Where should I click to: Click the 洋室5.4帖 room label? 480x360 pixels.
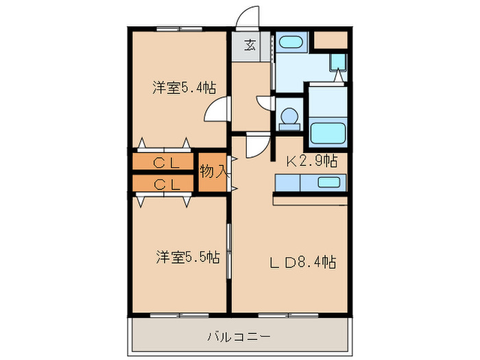(184, 88)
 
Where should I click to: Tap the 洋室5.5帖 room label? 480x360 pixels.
(187, 258)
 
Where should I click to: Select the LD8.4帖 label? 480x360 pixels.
(301, 262)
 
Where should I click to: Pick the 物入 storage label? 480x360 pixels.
(213, 171)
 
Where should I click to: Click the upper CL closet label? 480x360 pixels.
(166, 163)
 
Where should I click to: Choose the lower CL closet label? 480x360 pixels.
(166, 184)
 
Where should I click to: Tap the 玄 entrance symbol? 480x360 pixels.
(250, 47)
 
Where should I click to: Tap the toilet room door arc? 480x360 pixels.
(266, 104)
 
